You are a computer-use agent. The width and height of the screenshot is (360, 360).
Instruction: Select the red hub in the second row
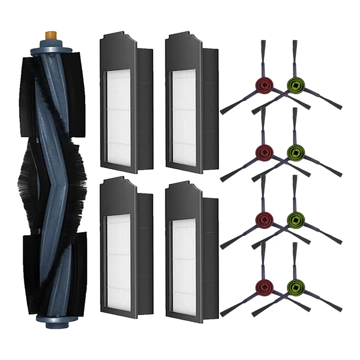click(262, 150)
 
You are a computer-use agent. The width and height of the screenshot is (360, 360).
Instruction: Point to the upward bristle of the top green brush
click(295, 52)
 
